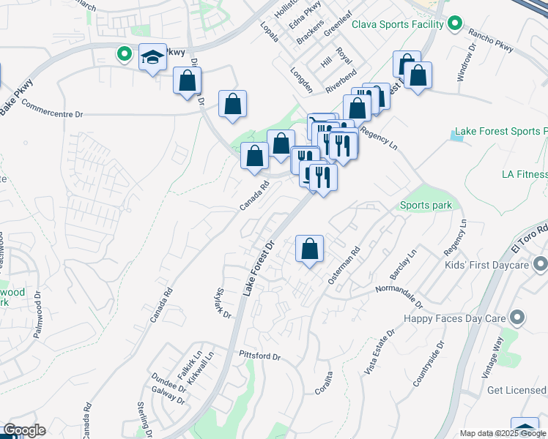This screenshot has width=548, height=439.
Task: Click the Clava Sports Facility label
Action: click(398, 24)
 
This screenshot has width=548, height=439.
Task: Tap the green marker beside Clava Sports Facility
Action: click(455, 24)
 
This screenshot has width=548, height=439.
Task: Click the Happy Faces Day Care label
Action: click(456, 318)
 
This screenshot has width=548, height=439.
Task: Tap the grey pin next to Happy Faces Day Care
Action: click(518, 318)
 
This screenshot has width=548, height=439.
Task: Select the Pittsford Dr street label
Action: click(259, 356)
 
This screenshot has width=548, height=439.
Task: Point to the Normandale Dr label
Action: click(399, 293)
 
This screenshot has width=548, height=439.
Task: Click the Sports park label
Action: click(426, 206)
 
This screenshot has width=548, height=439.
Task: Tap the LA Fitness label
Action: click(525, 174)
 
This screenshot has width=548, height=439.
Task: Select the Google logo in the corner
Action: click(24, 430)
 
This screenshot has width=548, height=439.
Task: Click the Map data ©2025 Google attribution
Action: click(503, 433)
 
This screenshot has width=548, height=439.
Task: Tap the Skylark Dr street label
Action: click(223, 304)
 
